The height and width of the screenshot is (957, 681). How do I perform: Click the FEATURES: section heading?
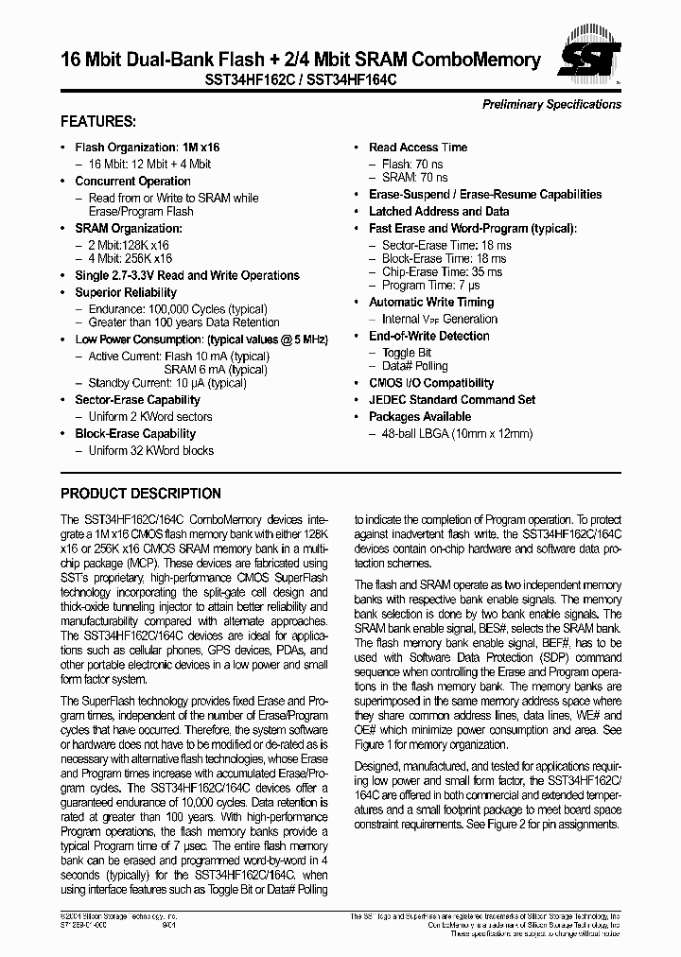click(98, 122)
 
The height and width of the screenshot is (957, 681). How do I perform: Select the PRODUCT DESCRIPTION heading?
click(141, 494)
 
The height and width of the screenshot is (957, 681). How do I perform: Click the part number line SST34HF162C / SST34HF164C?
click(301, 81)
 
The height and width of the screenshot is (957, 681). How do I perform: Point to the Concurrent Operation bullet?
click(132, 182)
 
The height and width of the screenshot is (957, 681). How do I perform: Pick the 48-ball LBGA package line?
click(457, 434)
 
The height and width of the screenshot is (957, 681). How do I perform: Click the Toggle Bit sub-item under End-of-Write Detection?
click(406, 353)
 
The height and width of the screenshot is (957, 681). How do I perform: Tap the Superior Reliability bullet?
click(126, 293)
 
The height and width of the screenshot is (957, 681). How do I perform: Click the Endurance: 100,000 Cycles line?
click(177, 309)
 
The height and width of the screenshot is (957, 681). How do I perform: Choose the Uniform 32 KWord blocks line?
click(150, 451)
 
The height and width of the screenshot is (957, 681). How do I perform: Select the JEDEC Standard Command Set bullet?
click(452, 400)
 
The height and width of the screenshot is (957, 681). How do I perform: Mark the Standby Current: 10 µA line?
click(167, 383)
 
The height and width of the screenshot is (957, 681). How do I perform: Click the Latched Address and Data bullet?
click(439, 212)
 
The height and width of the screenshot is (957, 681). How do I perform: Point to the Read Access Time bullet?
click(417, 148)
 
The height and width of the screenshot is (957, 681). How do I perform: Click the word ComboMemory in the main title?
click(479, 60)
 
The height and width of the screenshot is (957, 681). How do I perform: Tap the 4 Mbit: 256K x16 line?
click(130, 258)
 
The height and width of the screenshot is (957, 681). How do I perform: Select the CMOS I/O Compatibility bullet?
click(430, 383)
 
